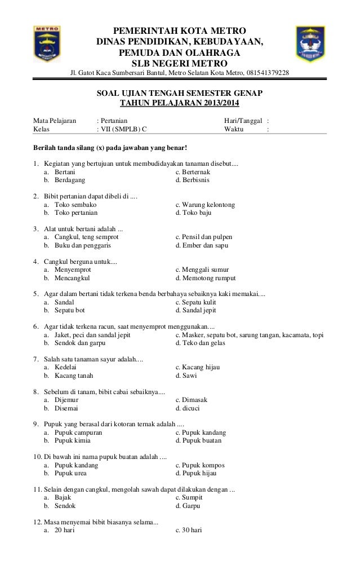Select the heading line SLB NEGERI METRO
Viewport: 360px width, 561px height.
tap(180, 63)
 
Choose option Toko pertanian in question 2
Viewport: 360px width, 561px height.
tap(75, 214)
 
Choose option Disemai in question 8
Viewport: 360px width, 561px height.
tap(66, 408)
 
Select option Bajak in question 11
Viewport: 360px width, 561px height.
tap(63, 498)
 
